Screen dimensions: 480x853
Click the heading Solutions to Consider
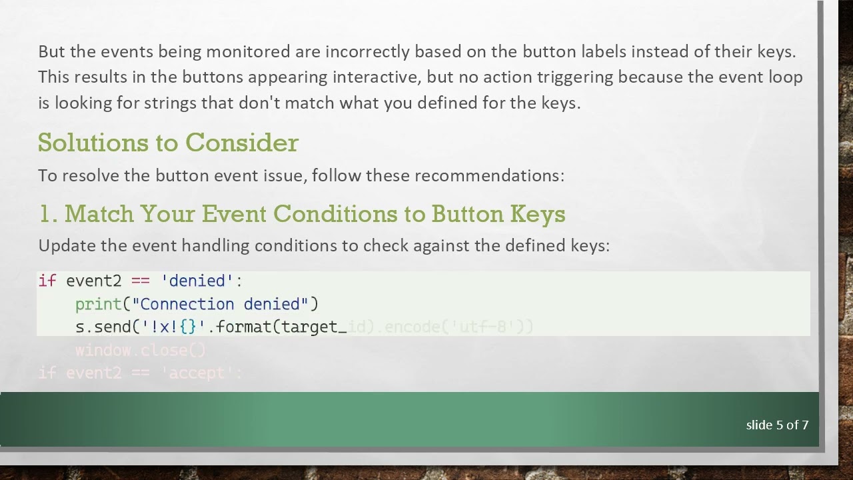(x=168, y=143)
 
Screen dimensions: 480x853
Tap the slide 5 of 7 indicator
(x=777, y=425)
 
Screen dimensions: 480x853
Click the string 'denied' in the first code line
(x=197, y=281)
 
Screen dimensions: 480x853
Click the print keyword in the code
(x=99, y=304)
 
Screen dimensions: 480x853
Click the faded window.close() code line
(x=141, y=350)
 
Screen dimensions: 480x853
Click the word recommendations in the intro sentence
(x=489, y=175)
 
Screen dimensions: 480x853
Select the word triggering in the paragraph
(x=572, y=77)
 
